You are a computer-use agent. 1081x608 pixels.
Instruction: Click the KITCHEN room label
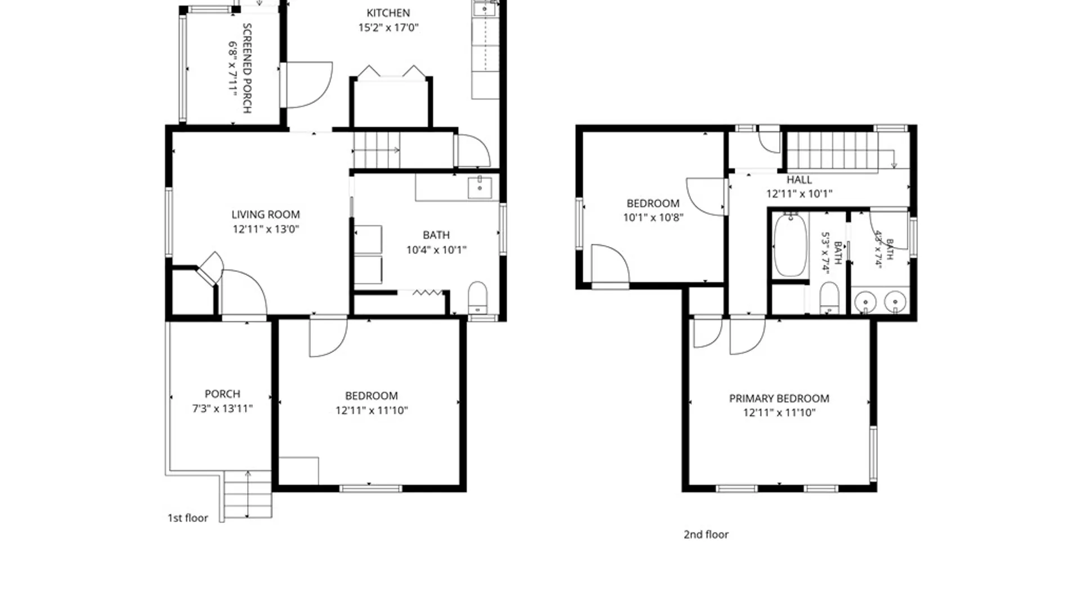pos(388,13)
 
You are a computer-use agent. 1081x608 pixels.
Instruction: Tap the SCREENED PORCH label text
pos(247,68)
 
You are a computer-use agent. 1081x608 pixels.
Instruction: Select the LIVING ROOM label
pos(266,214)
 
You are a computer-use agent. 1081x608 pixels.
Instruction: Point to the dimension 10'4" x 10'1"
pos(436,250)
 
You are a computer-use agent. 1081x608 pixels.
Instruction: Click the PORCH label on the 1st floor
pos(222,394)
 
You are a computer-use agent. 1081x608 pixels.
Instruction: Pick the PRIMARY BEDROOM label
pos(779,399)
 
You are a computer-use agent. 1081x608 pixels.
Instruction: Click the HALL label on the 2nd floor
pos(799,180)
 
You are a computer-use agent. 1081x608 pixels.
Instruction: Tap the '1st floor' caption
pos(187,518)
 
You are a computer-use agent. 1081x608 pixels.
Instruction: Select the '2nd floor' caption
pos(706,535)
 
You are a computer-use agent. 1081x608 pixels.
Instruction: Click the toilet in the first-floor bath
pos(477,298)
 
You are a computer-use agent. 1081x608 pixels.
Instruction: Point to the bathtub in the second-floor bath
pos(790,245)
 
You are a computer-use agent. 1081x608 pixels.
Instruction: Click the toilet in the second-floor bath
pos(829,298)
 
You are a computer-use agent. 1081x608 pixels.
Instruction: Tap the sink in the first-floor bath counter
pos(480,187)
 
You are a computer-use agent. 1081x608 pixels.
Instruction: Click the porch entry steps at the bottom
pos(248,494)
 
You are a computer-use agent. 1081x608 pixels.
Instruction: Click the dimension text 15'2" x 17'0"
pos(388,28)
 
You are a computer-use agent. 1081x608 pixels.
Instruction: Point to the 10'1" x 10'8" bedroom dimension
pos(653,218)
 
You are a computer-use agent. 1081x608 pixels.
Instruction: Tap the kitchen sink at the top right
pos(484,8)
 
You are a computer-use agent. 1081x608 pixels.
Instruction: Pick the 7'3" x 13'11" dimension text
pos(222,409)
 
